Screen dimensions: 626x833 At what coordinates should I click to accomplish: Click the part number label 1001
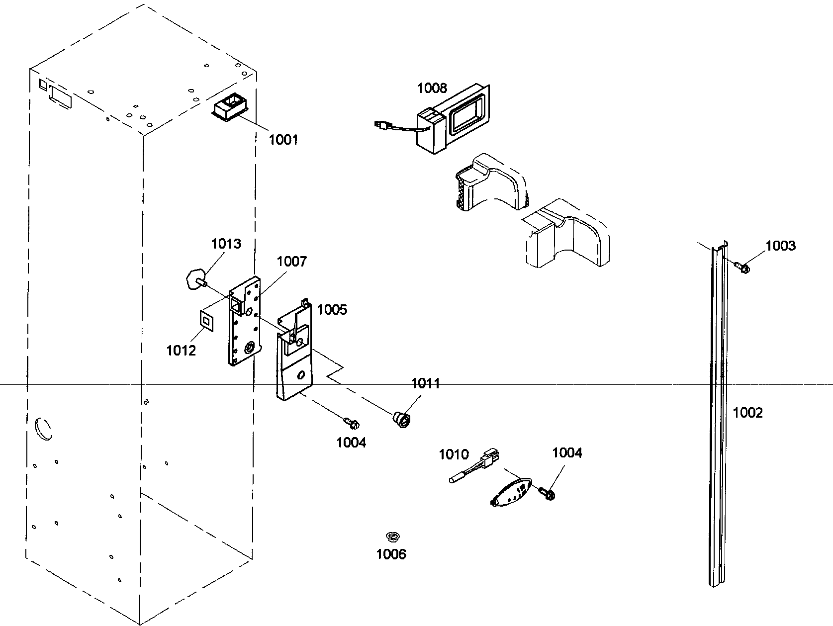[x=283, y=140]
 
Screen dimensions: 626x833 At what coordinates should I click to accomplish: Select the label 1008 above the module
[x=432, y=89]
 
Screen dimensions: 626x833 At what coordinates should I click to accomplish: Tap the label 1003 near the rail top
[x=780, y=246]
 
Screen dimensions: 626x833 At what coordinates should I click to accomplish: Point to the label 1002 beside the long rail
[x=747, y=413]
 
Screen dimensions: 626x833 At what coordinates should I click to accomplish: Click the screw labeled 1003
[x=743, y=268]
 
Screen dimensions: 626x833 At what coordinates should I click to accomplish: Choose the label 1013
[x=226, y=244]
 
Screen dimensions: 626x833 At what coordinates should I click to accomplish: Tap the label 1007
[x=292, y=262]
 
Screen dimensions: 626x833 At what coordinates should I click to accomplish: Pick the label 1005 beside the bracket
[x=332, y=310]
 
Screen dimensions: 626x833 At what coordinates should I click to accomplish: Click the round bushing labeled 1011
[x=402, y=419]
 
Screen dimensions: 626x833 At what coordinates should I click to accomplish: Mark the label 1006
[x=391, y=554]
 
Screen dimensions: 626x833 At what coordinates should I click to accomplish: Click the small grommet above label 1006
[x=393, y=536]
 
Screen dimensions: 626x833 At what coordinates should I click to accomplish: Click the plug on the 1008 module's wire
[x=382, y=126]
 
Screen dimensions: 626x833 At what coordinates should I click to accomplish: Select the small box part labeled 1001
[x=230, y=108]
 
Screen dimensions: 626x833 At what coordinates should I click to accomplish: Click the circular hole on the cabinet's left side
[x=43, y=429]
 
